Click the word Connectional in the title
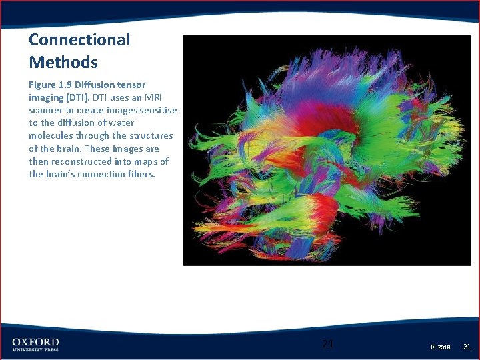point(79,40)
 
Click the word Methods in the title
point(63,63)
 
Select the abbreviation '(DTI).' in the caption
point(79,97)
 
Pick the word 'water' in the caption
point(121,123)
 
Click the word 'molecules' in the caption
point(51,135)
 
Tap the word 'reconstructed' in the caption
point(80,161)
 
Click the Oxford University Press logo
point(35,345)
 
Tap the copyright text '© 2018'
point(440,347)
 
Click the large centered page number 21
point(327,344)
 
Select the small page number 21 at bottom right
point(467,347)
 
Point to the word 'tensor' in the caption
point(131,85)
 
